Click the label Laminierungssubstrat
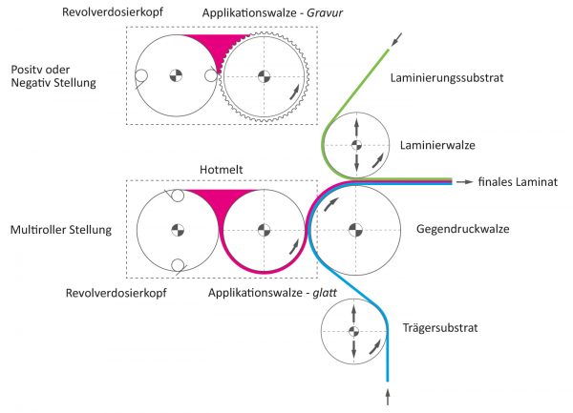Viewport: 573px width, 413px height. pyautogui.click(x=447, y=78)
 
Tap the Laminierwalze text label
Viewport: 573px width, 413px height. pyautogui.click(x=437, y=145)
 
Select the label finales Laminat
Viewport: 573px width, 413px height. pyautogui.click(x=518, y=181)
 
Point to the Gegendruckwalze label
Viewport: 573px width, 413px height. pyautogui.click(x=462, y=229)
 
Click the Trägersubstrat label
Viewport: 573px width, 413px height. pyautogui.click(x=440, y=327)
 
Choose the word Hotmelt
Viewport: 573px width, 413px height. pyautogui.click(x=222, y=170)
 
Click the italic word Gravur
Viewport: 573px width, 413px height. pyautogui.click(x=325, y=13)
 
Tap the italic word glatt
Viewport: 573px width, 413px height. pyautogui.click(x=325, y=293)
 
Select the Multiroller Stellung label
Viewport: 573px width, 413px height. pyautogui.click(x=61, y=230)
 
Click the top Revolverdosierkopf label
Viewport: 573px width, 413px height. pyautogui.click(x=113, y=12)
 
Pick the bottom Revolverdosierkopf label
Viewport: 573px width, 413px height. pyautogui.click(x=117, y=293)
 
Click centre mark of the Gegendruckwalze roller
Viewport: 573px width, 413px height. pyautogui.click(x=355, y=230)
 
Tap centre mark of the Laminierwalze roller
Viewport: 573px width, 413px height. pyautogui.click(x=356, y=145)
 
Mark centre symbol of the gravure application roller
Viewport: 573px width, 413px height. pyautogui.click(x=264, y=76)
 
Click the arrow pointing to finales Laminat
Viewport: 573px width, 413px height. pyautogui.click(x=465, y=181)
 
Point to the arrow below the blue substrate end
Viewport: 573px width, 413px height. pyautogui.click(x=388, y=397)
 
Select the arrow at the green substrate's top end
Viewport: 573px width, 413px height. pyautogui.click(x=396, y=39)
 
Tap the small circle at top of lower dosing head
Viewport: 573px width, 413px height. pyautogui.click(x=178, y=196)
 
